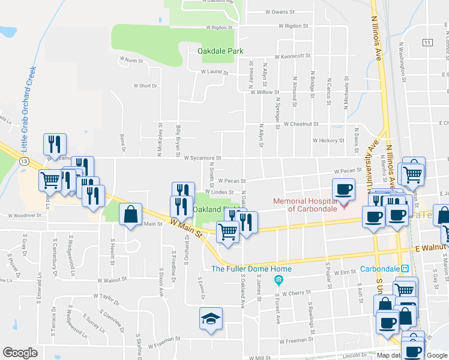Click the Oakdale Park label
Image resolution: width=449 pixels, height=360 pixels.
pyautogui.click(x=220, y=51)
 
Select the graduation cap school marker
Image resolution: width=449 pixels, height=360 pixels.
pyautogui.click(x=211, y=319)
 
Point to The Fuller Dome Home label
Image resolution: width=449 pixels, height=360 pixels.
pyautogui.click(x=243, y=268)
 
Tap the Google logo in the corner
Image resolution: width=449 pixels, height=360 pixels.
pyautogui.click(x=20, y=353)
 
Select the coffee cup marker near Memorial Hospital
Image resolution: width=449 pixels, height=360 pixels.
pyautogui.click(x=344, y=190)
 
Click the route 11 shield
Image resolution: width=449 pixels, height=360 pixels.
pyautogui.click(x=427, y=43)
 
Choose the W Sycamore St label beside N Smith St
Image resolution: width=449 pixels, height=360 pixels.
pyautogui.click(x=203, y=158)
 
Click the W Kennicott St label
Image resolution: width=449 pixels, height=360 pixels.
pyautogui.click(x=292, y=56)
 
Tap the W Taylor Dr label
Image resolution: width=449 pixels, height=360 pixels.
pyautogui.click(x=107, y=296)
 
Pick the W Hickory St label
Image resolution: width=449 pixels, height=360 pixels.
pyautogui.click(x=328, y=140)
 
